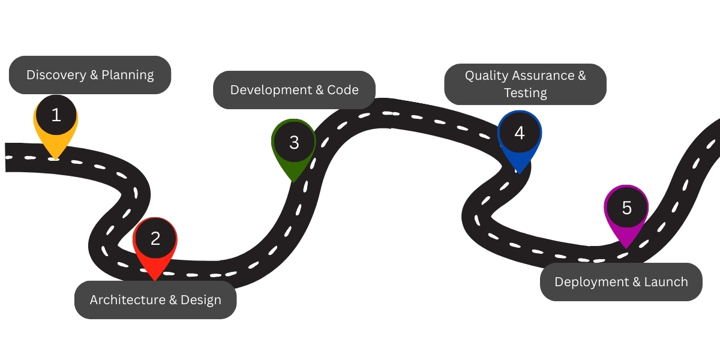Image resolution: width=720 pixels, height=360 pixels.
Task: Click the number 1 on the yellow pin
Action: click(x=56, y=115)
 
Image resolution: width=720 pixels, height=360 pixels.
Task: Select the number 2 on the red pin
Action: click(x=155, y=239)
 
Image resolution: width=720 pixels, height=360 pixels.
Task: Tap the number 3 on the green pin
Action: click(x=294, y=143)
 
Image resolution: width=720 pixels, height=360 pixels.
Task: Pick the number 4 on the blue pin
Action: click(x=520, y=133)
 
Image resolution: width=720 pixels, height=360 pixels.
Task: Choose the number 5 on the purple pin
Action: click(x=627, y=208)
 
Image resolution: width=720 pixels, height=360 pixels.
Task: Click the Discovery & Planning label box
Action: click(x=90, y=75)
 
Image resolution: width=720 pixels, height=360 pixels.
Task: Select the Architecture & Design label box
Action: click(x=155, y=300)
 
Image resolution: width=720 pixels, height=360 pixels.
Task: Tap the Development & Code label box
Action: click(x=294, y=90)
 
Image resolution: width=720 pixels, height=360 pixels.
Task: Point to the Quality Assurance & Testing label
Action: click(x=525, y=84)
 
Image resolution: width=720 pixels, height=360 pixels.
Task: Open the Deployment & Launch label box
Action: click(x=621, y=282)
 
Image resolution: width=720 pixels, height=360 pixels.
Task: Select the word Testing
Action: click(x=525, y=93)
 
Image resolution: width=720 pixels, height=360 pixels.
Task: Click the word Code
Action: click(x=343, y=90)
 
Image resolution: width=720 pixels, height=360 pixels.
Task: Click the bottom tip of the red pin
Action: click(x=155, y=280)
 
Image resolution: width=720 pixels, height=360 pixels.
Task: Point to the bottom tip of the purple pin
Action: click(x=626, y=248)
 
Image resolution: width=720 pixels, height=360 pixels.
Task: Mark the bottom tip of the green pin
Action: click(x=293, y=181)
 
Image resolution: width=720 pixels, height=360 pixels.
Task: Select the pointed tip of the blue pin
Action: click(x=519, y=173)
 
